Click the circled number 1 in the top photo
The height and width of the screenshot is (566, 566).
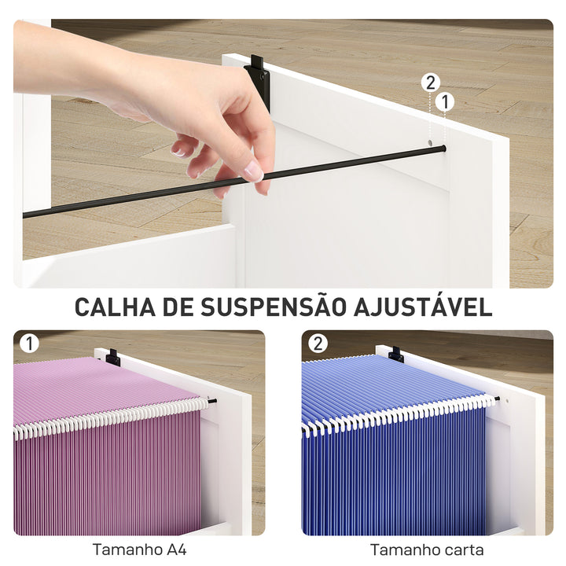(445, 101)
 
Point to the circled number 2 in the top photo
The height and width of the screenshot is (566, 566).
(429, 83)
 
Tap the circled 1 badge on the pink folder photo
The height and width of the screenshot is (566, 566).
(29, 344)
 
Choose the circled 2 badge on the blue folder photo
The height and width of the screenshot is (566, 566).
(318, 344)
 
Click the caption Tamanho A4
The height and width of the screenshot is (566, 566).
(140, 549)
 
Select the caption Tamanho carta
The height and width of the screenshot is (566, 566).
(427, 549)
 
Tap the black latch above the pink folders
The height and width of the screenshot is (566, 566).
(113, 358)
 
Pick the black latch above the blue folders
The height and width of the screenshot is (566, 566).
(395, 355)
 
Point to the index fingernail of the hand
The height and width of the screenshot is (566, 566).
(252, 171)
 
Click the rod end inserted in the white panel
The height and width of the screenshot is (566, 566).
(443, 148)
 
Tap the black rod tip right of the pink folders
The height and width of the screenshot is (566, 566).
(213, 401)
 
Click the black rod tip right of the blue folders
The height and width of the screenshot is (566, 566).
(498, 399)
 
